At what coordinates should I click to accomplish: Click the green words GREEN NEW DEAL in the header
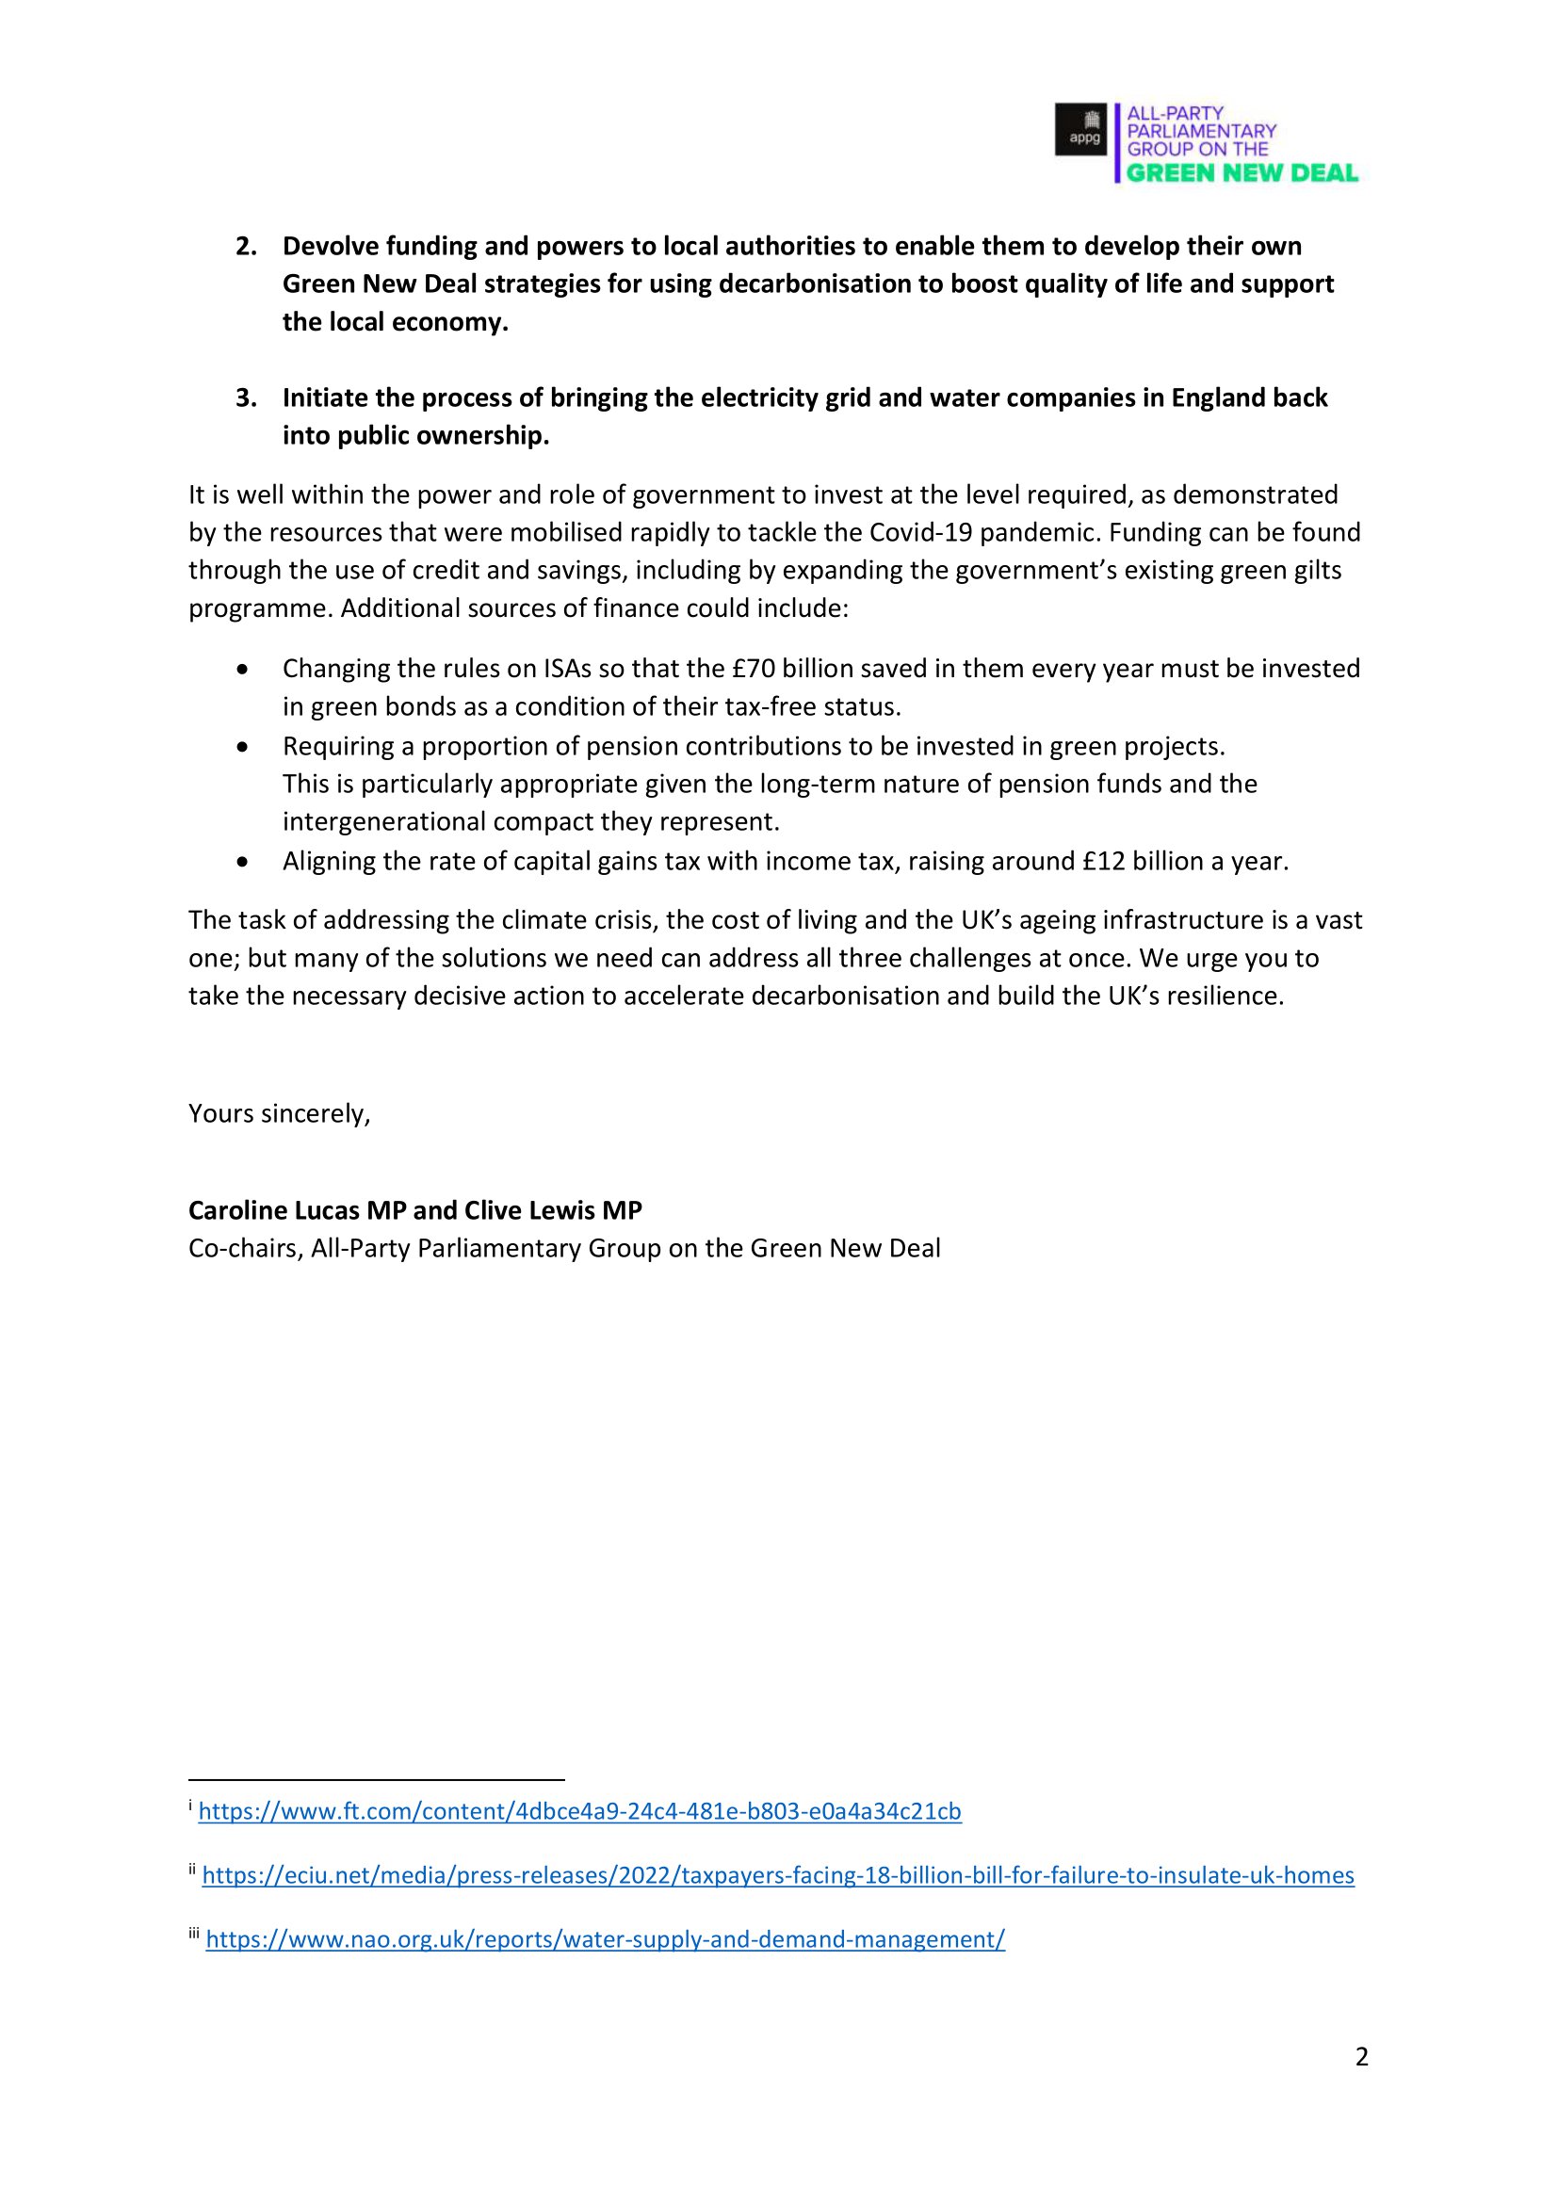(x=1242, y=173)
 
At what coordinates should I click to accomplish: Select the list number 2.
(x=246, y=247)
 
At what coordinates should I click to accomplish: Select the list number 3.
(x=246, y=398)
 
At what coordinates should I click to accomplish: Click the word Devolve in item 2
(x=330, y=247)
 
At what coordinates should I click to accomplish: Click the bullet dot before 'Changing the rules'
(x=244, y=669)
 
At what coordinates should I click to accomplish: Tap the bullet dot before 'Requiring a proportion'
(x=244, y=747)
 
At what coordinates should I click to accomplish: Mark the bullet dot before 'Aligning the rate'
(x=244, y=863)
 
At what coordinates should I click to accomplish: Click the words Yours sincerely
(x=279, y=1114)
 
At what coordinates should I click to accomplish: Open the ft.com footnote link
(x=579, y=1811)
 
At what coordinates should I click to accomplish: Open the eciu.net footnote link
(x=778, y=1876)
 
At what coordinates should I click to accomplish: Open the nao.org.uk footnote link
(x=606, y=1940)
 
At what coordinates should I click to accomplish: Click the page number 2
(x=1361, y=2057)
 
